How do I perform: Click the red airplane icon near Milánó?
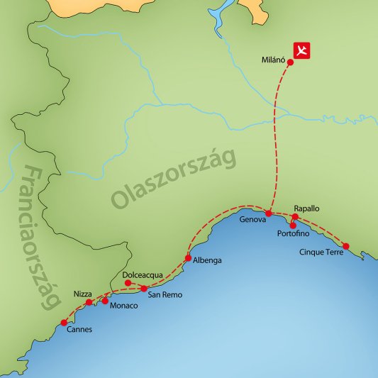click(303, 51)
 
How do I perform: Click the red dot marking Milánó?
click(291, 62)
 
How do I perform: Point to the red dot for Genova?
click(269, 213)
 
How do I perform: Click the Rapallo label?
click(306, 209)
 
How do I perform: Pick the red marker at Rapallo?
click(295, 217)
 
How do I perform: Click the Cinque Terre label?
click(322, 252)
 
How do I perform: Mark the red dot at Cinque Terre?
click(345, 246)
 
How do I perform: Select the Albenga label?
click(207, 261)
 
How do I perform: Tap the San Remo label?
click(163, 295)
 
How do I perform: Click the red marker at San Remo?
click(144, 289)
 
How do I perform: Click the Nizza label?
click(82, 294)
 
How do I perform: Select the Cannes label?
click(78, 330)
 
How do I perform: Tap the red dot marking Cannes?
click(65, 323)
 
